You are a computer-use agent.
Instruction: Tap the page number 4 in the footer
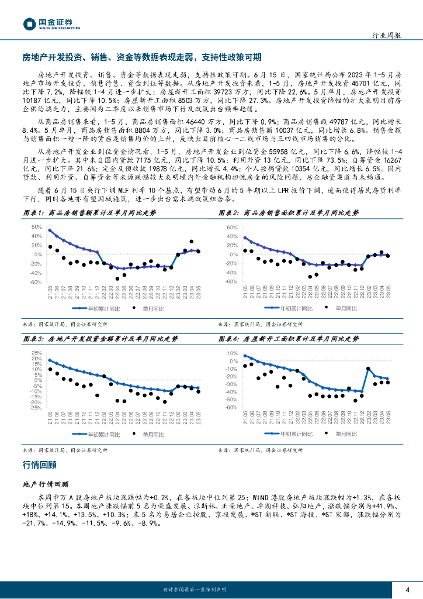pos(407,589)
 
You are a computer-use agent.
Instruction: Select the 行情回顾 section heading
pos(39,465)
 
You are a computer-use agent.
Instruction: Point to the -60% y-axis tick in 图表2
pos(231,281)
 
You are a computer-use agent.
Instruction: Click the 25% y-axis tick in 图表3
pos(36,353)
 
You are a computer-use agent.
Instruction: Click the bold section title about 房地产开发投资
pos(141,57)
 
